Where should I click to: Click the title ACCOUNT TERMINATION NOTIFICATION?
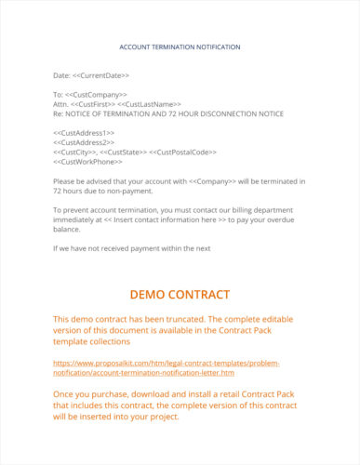tap(180, 46)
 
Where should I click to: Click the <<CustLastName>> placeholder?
tap(153, 103)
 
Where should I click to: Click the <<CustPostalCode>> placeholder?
tap(183, 151)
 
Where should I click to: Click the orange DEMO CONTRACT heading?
tap(180, 295)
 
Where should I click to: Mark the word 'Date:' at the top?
tap(62, 74)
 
